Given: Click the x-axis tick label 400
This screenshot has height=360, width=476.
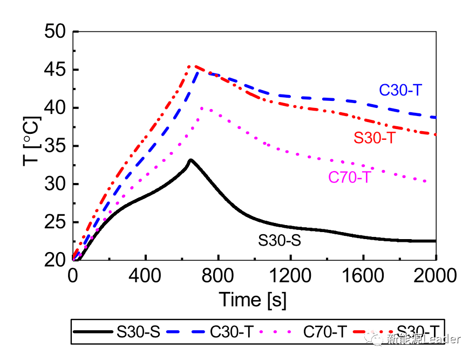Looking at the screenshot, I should [x=145, y=276].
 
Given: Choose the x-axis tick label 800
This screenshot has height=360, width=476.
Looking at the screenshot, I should [x=217, y=276].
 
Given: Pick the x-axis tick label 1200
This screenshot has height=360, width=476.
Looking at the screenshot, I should [x=290, y=276].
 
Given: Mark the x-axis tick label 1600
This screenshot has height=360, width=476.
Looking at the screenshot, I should [x=363, y=276].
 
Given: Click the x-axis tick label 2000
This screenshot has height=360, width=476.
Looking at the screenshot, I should [x=436, y=276].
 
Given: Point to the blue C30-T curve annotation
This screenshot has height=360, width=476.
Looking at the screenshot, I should [x=400, y=91].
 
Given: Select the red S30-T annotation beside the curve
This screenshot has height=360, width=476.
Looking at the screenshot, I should [x=375, y=138].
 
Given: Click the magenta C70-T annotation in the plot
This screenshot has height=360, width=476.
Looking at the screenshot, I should [x=349, y=177].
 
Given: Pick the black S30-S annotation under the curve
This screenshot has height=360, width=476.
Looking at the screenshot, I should [x=278, y=240].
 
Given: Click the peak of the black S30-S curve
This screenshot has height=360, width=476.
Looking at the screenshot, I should [x=191, y=160].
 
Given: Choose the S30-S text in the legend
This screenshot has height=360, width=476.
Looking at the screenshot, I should [x=138, y=332].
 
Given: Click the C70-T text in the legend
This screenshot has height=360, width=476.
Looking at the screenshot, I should [x=324, y=332].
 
